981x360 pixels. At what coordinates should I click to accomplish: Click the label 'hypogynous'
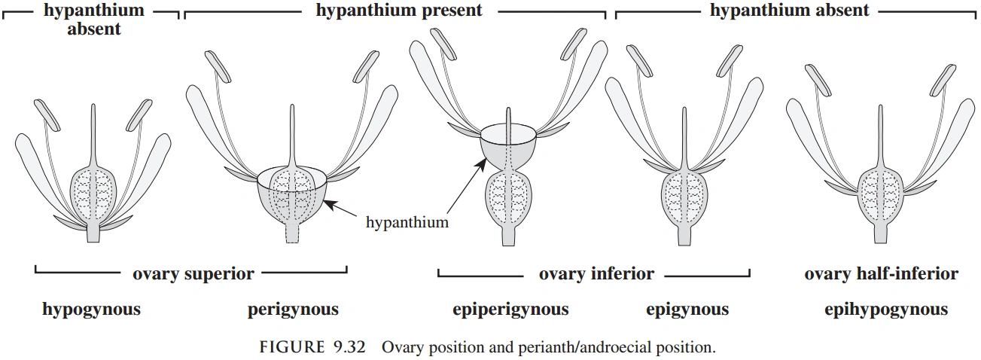(91, 310)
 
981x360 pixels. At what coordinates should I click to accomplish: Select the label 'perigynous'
(293, 310)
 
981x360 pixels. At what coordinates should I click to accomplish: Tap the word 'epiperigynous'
(510, 310)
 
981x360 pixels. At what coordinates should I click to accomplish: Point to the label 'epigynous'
(687, 310)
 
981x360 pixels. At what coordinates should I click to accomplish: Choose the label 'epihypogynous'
(885, 310)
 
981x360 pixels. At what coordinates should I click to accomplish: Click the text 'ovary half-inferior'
(881, 273)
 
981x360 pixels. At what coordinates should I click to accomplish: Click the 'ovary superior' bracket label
(193, 273)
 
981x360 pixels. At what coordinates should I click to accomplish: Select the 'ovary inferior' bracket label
(596, 273)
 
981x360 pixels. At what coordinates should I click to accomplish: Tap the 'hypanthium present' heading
(399, 11)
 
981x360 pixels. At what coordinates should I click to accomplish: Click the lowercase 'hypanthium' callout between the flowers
(407, 222)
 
